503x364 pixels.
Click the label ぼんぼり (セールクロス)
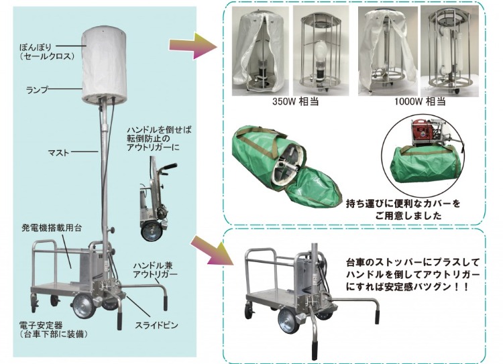[x=47, y=52]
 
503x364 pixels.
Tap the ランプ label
[x=37, y=90]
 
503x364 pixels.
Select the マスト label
[x=58, y=152]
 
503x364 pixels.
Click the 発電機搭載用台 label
[x=52, y=228]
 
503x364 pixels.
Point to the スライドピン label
[x=156, y=325]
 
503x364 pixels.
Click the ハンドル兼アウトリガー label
[x=156, y=270]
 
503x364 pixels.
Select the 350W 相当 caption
[x=295, y=101]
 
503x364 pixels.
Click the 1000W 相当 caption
[x=420, y=101]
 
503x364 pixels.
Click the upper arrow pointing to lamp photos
[x=193, y=46]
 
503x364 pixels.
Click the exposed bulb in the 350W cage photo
[x=321, y=54]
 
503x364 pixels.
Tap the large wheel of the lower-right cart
[x=288, y=321]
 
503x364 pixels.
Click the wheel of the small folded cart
[x=151, y=231]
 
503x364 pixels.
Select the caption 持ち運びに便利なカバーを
[x=403, y=204]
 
